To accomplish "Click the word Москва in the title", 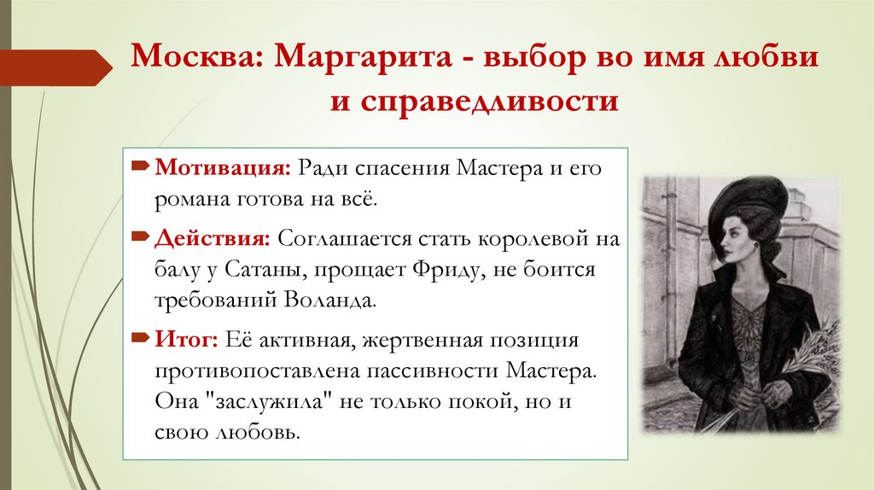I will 195,59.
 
